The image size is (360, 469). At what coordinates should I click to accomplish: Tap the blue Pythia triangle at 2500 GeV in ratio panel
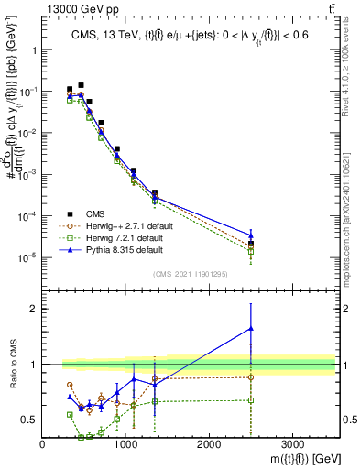tap(251, 328)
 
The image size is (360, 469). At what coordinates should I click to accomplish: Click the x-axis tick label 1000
tap(125, 445)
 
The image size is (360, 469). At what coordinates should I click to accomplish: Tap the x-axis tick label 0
tap(43, 445)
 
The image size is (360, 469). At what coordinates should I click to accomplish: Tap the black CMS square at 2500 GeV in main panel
tap(251, 244)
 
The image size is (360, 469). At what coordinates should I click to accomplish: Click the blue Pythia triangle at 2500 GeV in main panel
tap(251, 235)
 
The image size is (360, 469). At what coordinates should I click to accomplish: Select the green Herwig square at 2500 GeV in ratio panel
tap(251, 400)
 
